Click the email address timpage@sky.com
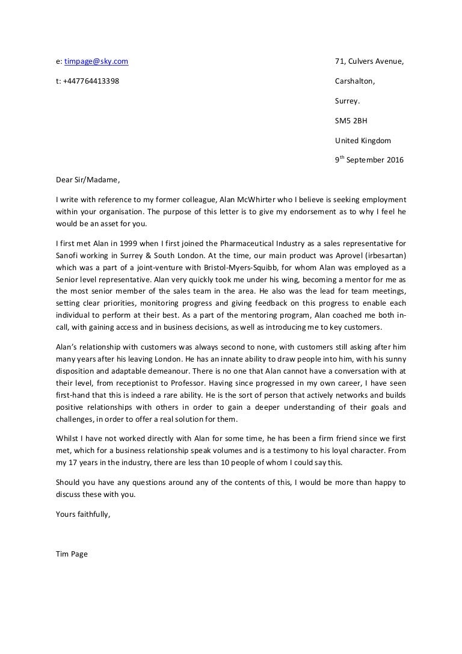(96, 61)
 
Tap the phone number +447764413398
(91, 81)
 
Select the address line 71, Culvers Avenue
(369, 61)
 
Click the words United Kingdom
(363, 141)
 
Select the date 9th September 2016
(369, 161)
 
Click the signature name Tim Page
(72, 554)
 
